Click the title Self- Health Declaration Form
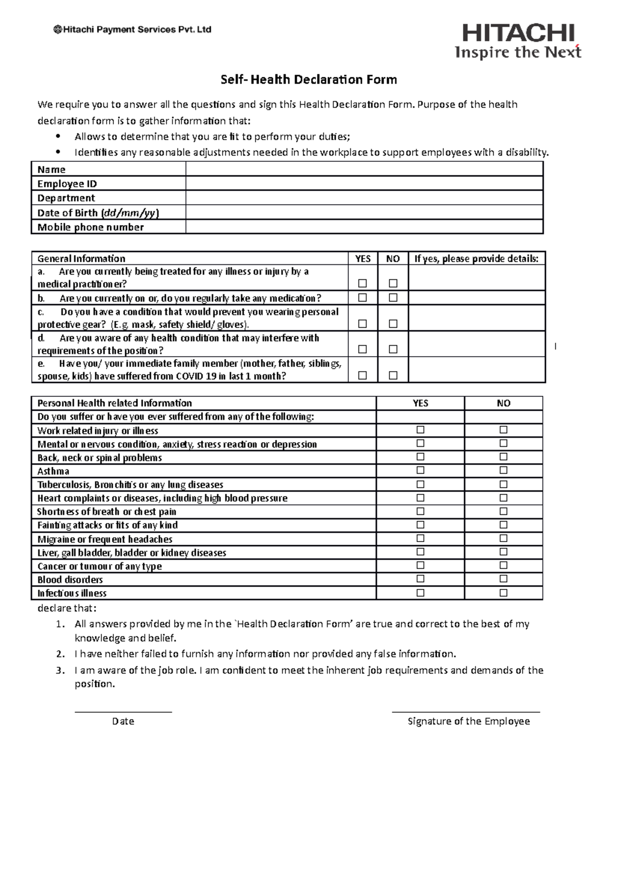pyautogui.click(x=308, y=79)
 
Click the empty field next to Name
pyautogui.click(x=364, y=169)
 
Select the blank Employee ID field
pyautogui.click(x=364, y=183)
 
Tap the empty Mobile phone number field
pyautogui.click(x=364, y=227)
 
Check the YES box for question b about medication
pyautogui.click(x=363, y=298)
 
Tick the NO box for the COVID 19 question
pyautogui.click(x=393, y=376)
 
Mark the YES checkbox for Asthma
pyautogui.click(x=420, y=470)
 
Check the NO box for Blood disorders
pyautogui.click(x=503, y=579)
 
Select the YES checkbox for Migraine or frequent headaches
pyautogui.click(x=420, y=539)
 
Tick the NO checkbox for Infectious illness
pyautogui.click(x=503, y=593)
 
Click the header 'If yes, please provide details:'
pyautogui.click(x=476, y=259)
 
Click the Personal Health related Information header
pyautogui.click(x=114, y=403)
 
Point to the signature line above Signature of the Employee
pyautogui.click(x=466, y=712)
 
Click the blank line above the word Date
pyautogui.click(x=123, y=712)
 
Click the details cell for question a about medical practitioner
pyautogui.click(x=476, y=278)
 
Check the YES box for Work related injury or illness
pyautogui.click(x=420, y=430)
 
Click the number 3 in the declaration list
pyautogui.click(x=60, y=670)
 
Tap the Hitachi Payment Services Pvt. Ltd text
pyautogui.click(x=132, y=30)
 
